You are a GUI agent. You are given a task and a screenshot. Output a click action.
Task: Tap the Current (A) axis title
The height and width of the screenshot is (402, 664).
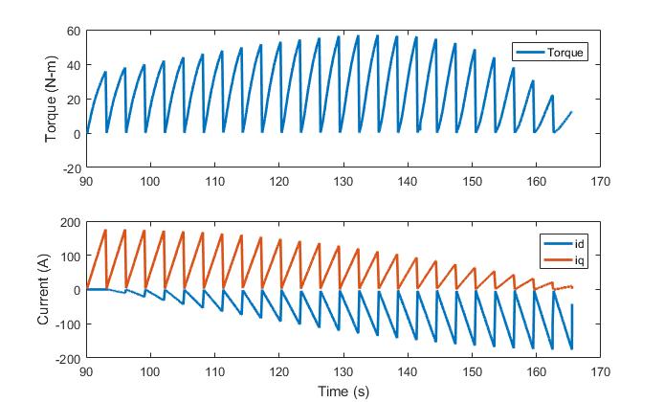(43, 290)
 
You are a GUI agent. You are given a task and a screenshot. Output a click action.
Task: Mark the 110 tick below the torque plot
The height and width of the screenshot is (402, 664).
(214, 180)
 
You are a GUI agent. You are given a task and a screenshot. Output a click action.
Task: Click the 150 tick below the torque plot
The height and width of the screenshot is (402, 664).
(472, 180)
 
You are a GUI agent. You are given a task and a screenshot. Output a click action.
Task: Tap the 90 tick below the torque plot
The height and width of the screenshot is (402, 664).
(86, 180)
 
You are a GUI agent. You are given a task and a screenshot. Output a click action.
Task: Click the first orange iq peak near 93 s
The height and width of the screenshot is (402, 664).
(105, 230)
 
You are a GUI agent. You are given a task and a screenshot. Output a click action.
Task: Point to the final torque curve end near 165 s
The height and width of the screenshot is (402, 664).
(571, 112)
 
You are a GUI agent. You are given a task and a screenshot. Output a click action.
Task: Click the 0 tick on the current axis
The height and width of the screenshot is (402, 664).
(74, 290)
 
